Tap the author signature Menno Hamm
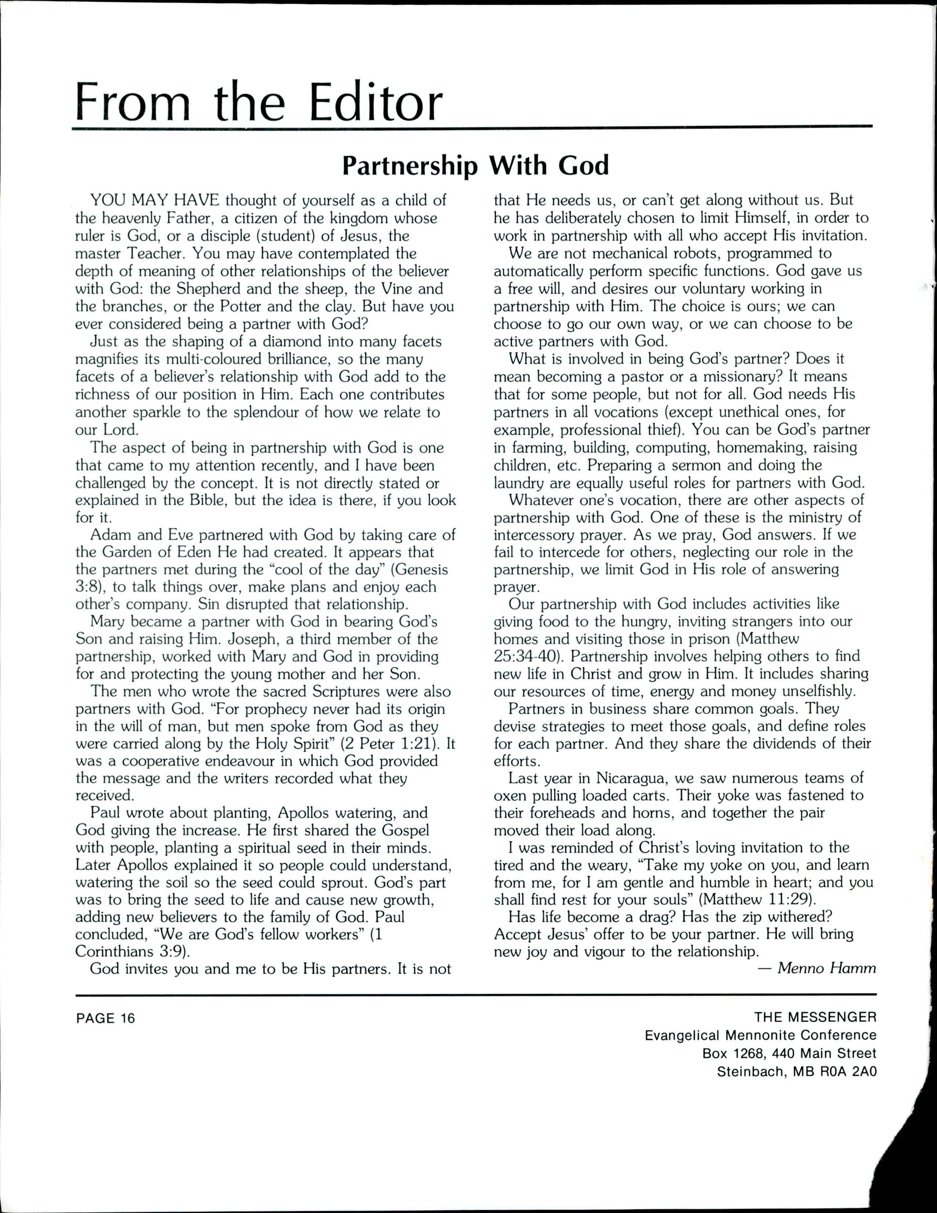(826, 968)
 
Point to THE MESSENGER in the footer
(815, 1017)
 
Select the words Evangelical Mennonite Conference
(760, 1035)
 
